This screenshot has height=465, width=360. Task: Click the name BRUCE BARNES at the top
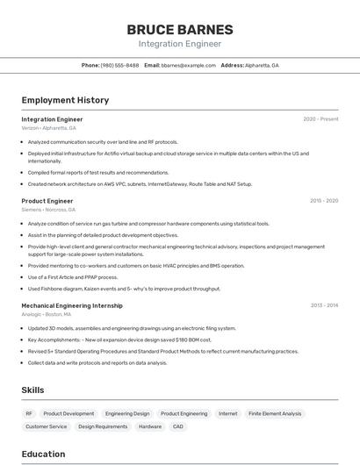[179, 30]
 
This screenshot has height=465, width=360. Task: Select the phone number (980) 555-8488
[120, 65]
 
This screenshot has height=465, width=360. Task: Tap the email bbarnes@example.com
[189, 65]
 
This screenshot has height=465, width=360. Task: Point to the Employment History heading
[65, 100]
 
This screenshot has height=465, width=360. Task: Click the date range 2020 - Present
[320, 119]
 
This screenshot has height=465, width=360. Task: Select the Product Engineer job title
[47, 201]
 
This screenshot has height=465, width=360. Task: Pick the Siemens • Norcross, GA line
[48, 210]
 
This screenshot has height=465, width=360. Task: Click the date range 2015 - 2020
[324, 201]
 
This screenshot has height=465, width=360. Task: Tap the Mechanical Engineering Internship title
[72, 305]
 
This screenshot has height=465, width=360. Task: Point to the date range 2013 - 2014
[324, 305]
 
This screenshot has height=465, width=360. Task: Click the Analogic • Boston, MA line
[47, 314]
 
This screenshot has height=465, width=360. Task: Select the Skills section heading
[32, 390]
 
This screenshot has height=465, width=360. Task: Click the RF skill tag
[29, 413]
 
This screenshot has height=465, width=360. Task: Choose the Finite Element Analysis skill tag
[275, 413]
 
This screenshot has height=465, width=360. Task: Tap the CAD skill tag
[178, 426]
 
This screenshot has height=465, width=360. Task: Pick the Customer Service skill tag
[46, 426]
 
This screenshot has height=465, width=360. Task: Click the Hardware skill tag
[149, 426]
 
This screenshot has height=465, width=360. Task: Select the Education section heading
[43, 454]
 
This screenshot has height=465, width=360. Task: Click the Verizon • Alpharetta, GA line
[48, 128]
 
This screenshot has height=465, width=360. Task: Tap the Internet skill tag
[228, 413]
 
